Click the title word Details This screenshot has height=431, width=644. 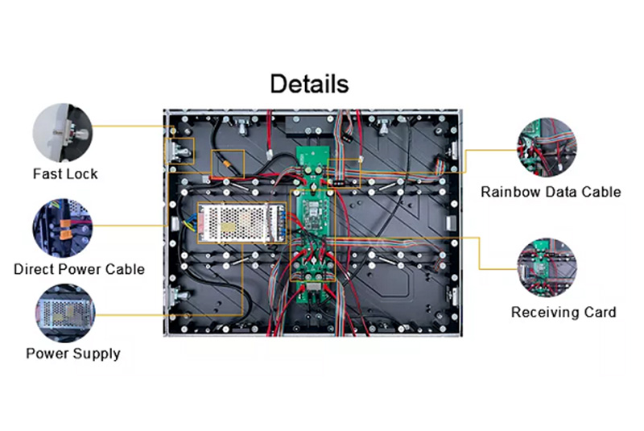click(x=309, y=84)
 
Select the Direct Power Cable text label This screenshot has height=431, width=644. click(x=79, y=269)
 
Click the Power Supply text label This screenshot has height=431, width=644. click(x=73, y=354)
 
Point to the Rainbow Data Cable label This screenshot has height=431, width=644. click(x=551, y=192)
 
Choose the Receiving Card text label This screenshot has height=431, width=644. click(x=563, y=312)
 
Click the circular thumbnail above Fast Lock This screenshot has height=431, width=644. click(x=64, y=131)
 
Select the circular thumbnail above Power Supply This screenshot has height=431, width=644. click(x=64, y=313)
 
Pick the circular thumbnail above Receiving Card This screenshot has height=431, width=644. click(x=547, y=269)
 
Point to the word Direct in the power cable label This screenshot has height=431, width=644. click(x=34, y=269)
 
